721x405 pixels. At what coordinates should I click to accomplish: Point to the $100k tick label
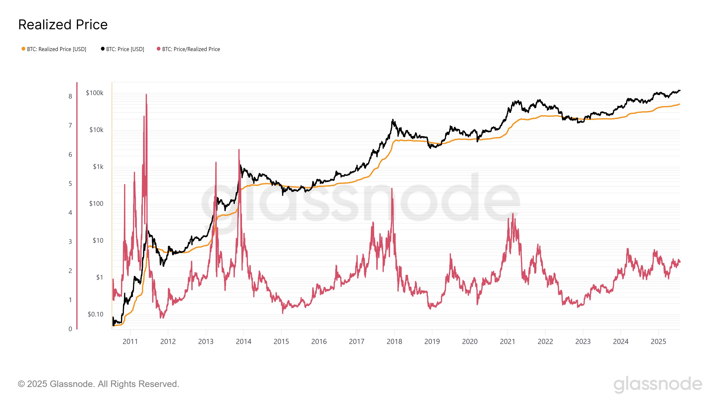tap(95, 93)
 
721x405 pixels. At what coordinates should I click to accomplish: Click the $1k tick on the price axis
tap(98, 167)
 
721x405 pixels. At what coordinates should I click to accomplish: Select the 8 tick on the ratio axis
tap(70, 97)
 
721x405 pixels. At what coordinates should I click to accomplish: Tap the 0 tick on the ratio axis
tap(70, 329)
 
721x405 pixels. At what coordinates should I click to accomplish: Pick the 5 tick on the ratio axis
tap(70, 184)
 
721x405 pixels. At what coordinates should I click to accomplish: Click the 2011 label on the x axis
tap(130, 342)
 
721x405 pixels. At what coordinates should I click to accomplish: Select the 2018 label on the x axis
tap(394, 342)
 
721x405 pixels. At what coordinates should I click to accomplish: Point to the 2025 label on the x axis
tap(658, 342)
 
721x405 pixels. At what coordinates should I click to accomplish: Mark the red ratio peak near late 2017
tap(392, 189)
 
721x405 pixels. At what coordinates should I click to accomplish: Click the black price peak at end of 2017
tap(393, 120)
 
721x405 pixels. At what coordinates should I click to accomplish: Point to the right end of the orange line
tap(679, 104)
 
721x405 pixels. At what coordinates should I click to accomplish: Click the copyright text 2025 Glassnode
tap(98, 384)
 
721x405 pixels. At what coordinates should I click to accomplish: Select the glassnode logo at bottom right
tap(658, 384)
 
